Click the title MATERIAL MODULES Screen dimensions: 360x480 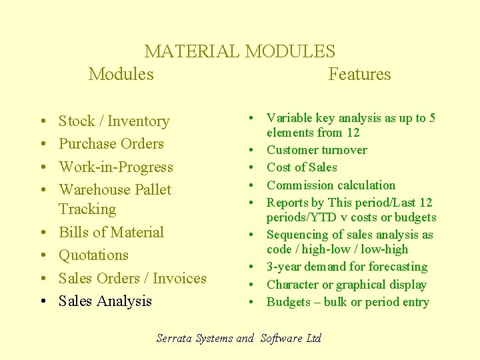pos(240,51)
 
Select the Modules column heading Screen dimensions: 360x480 pos(121,74)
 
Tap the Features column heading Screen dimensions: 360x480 pos(359,74)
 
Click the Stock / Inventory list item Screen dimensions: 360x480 pos(114,121)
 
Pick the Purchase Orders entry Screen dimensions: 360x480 pos(111,144)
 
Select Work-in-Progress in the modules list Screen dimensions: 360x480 pos(116,167)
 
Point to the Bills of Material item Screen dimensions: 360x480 pos(111,233)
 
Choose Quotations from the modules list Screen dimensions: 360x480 pos(93,255)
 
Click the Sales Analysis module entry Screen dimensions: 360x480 pos(105,301)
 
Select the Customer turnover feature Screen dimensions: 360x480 pos(317,150)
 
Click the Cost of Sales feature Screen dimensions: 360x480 pos(302,167)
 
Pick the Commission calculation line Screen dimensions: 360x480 pos(331,185)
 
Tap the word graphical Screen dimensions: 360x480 pos(352,285)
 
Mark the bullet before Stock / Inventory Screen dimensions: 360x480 pos(42,122)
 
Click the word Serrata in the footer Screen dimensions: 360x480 pos(175,338)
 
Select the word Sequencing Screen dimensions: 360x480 pos(295,235)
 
